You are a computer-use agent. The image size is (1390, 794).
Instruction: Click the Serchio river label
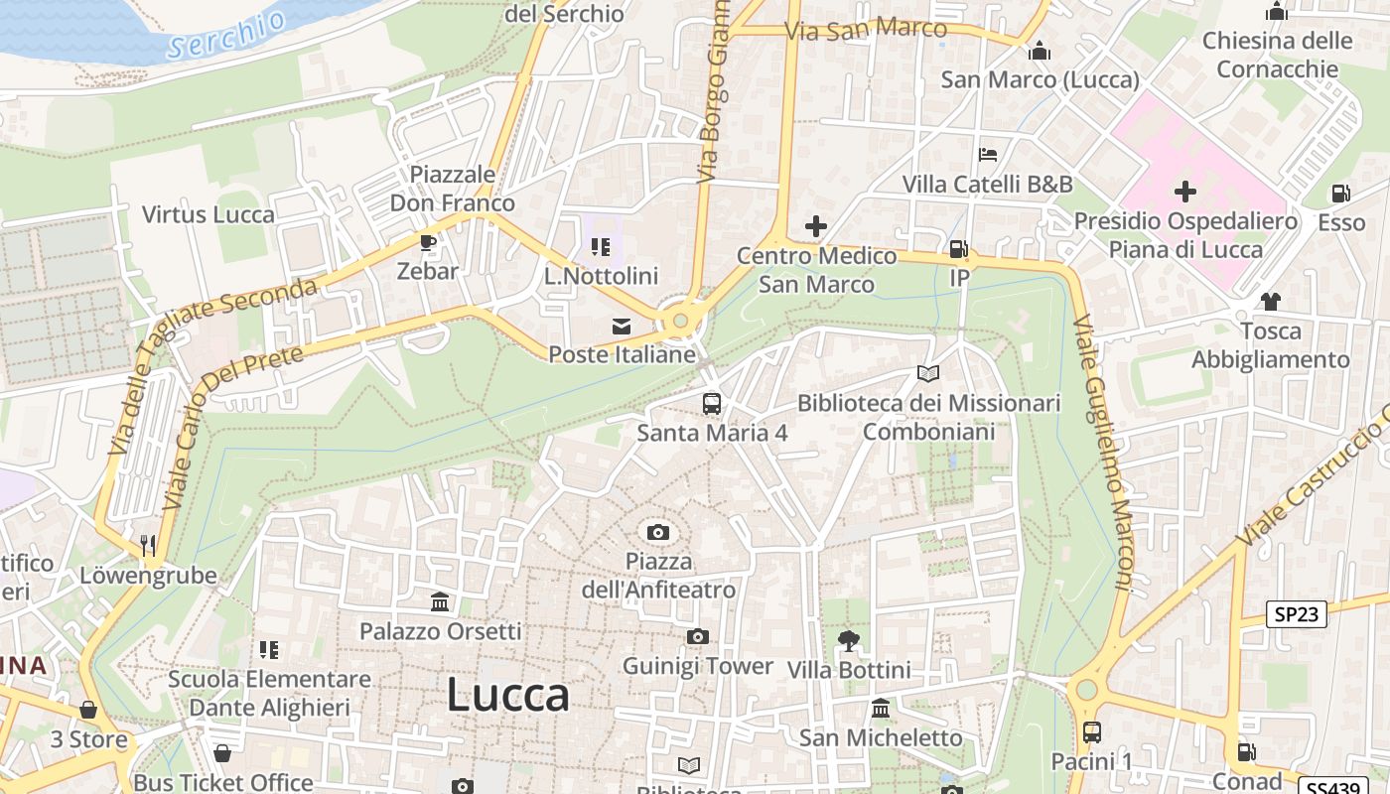[x=226, y=34]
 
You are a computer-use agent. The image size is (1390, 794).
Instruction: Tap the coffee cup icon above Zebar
[x=428, y=242]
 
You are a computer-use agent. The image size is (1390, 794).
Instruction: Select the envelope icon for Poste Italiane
[x=622, y=326]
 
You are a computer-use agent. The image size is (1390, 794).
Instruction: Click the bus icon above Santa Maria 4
[x=712, y=403]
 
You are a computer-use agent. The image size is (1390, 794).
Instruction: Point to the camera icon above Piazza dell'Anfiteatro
[x=658, y=533]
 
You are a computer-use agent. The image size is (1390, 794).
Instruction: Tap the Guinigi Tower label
[x=697, y=666]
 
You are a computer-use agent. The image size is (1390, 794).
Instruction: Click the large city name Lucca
[x=507, y=695]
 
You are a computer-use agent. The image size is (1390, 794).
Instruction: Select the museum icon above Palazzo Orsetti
[x=440, y=601]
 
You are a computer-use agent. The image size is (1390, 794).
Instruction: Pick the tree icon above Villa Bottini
[x=849, y=641]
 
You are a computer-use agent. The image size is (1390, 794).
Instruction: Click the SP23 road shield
[x=1297, y=614]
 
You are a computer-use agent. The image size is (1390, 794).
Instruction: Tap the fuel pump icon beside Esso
[x=1341, y=194]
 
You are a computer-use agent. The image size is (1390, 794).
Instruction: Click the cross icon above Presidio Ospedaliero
[x=1185, y=192]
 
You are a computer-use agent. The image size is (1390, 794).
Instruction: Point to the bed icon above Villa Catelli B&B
[x=988, y=155]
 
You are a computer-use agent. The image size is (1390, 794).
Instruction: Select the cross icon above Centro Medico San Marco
[x=816, y=226]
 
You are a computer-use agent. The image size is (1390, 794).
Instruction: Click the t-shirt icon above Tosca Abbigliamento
[x=1270, y=302]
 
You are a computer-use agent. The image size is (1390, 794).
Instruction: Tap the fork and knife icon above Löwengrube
[x=148, y=545]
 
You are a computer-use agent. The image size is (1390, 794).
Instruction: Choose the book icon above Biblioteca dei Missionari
[x=928, y=374]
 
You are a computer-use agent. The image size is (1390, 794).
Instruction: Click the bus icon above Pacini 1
[x=1092, y=732]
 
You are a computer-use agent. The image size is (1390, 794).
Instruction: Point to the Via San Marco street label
[x=866, y=29]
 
